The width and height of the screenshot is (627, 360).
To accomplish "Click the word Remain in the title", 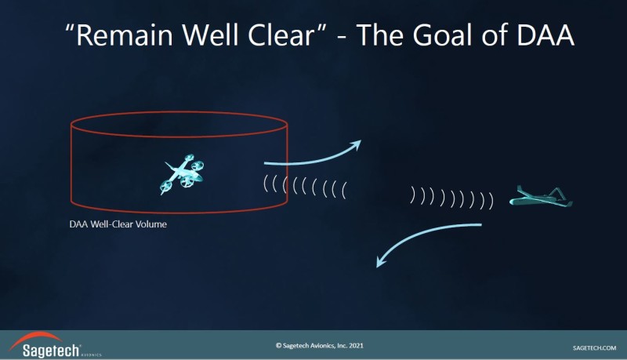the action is point(125,35).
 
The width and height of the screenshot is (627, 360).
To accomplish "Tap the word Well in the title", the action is point(211,35).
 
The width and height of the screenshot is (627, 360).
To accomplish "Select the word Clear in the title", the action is point(282,35).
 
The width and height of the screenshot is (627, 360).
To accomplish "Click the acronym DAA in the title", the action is point(545,35).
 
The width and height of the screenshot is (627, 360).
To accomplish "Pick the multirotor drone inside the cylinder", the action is point(182,174).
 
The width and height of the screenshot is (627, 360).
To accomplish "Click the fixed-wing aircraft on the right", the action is point(541,196).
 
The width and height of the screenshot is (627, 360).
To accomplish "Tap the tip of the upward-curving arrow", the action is point(361,140).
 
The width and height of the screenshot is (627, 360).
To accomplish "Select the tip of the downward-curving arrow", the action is point(377,267).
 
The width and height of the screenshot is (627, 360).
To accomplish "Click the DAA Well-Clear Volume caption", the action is point(118,224).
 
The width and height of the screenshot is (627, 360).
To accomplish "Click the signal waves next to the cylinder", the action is point(305,187).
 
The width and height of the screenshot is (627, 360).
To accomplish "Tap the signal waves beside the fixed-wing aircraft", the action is point(452,198).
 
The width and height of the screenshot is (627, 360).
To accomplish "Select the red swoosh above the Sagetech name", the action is point(34,338).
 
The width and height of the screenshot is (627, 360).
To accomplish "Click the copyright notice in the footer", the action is point(320,346).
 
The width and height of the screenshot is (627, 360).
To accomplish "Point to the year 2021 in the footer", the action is point(356,346).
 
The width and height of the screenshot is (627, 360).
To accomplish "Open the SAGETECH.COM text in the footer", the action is point(594,348).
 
